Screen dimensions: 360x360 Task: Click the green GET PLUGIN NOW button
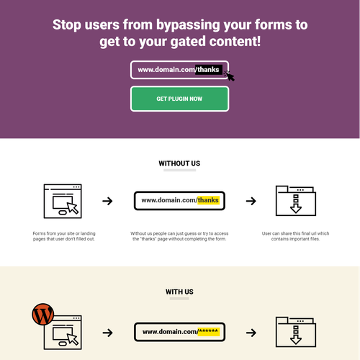179,99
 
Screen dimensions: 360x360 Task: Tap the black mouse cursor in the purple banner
230,74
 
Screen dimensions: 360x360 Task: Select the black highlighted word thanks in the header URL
210,70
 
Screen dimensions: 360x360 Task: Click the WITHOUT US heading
179,163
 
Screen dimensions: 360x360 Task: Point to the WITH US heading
179,292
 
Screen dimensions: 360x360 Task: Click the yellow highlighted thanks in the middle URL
207,200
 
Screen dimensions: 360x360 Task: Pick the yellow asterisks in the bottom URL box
209,332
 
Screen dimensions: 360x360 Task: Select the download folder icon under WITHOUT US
295,201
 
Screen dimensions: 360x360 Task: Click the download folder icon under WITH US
295,333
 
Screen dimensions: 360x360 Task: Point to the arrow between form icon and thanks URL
107,201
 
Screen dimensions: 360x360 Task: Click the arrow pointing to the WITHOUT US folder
251,201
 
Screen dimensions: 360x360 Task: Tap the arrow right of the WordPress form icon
107,333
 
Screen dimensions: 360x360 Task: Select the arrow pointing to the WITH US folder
251,333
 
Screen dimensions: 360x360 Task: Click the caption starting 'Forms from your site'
64,236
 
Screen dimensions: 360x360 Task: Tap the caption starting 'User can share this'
295,236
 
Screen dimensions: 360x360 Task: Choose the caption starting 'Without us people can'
179,236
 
